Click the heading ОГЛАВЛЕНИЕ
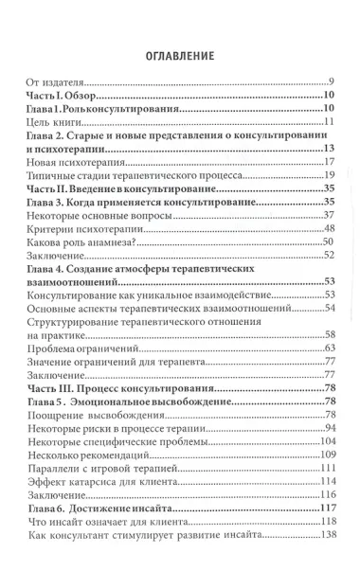[x=180, y=55]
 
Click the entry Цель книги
[x=53, y=123]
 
